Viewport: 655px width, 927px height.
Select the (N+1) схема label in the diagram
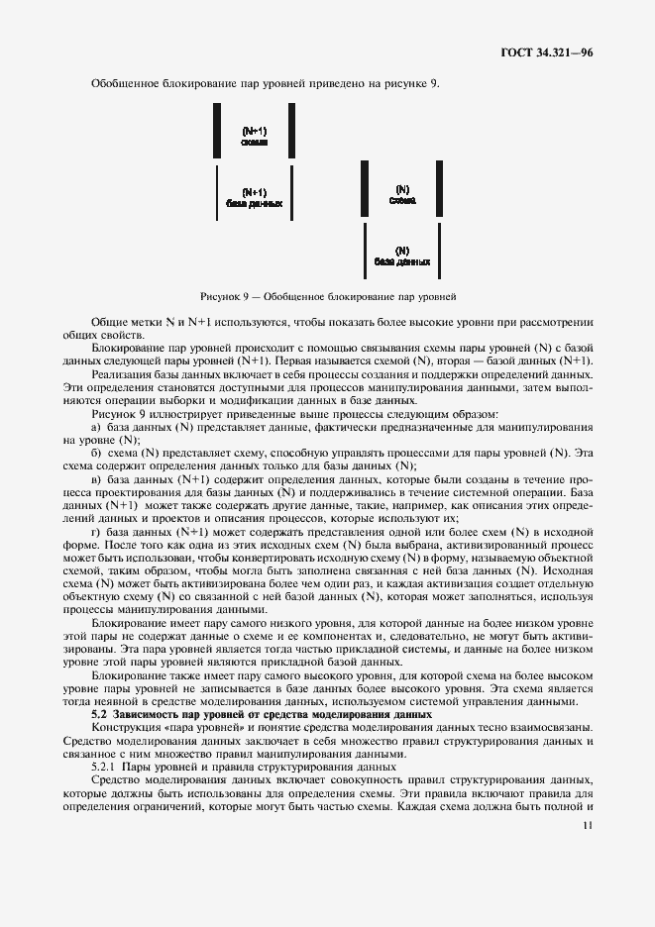click(x=255, y=137)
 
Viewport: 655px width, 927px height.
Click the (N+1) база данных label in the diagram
click(x=255, y=197)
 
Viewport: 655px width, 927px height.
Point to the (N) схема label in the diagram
click(x=402, y=194)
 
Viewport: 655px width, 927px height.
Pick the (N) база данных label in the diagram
click(x=402, y=256)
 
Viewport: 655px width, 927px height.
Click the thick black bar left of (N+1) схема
click(x=217, y=129)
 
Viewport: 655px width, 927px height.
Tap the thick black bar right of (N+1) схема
click(x=291, y=129)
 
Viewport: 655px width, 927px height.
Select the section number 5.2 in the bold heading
click(x=98, y=713)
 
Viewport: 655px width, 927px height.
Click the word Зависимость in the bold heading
click(x=151, y=713)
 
